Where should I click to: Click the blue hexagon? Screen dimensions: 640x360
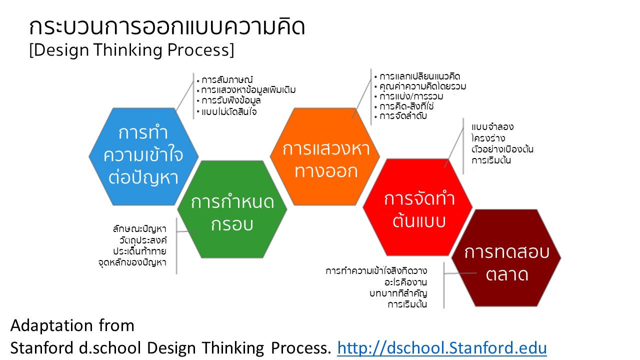click(143, 156)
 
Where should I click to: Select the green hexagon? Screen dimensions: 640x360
click(232, 209)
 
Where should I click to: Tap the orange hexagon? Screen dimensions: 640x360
click(325, 156)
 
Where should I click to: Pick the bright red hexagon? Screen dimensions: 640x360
click(417, 207)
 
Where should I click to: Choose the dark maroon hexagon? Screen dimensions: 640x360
click(506, 258)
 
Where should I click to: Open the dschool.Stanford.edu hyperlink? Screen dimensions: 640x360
click(441, 348)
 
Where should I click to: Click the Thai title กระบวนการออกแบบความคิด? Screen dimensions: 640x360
click(167, 27)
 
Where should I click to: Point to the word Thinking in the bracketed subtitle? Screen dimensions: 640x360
click(128, 49)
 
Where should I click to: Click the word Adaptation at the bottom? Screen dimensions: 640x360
click(51, 325)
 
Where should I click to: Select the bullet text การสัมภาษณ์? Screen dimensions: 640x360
click(227, 79)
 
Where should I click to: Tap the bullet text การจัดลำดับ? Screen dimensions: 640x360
click(403, 116)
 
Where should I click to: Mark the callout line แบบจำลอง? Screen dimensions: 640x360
click(492, 127)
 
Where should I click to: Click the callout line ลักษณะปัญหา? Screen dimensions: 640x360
click(139, 229)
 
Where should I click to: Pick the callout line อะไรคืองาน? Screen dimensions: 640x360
click(405, 282)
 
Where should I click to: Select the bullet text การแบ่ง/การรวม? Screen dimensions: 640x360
click(411, 96)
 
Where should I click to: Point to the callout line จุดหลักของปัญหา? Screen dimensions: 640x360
click(132, 262)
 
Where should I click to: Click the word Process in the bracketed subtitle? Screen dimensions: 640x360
click(198, 49)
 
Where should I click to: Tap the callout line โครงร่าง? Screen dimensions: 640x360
click(488, 138)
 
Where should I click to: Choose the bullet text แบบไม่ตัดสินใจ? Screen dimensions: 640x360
click(229, 111)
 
